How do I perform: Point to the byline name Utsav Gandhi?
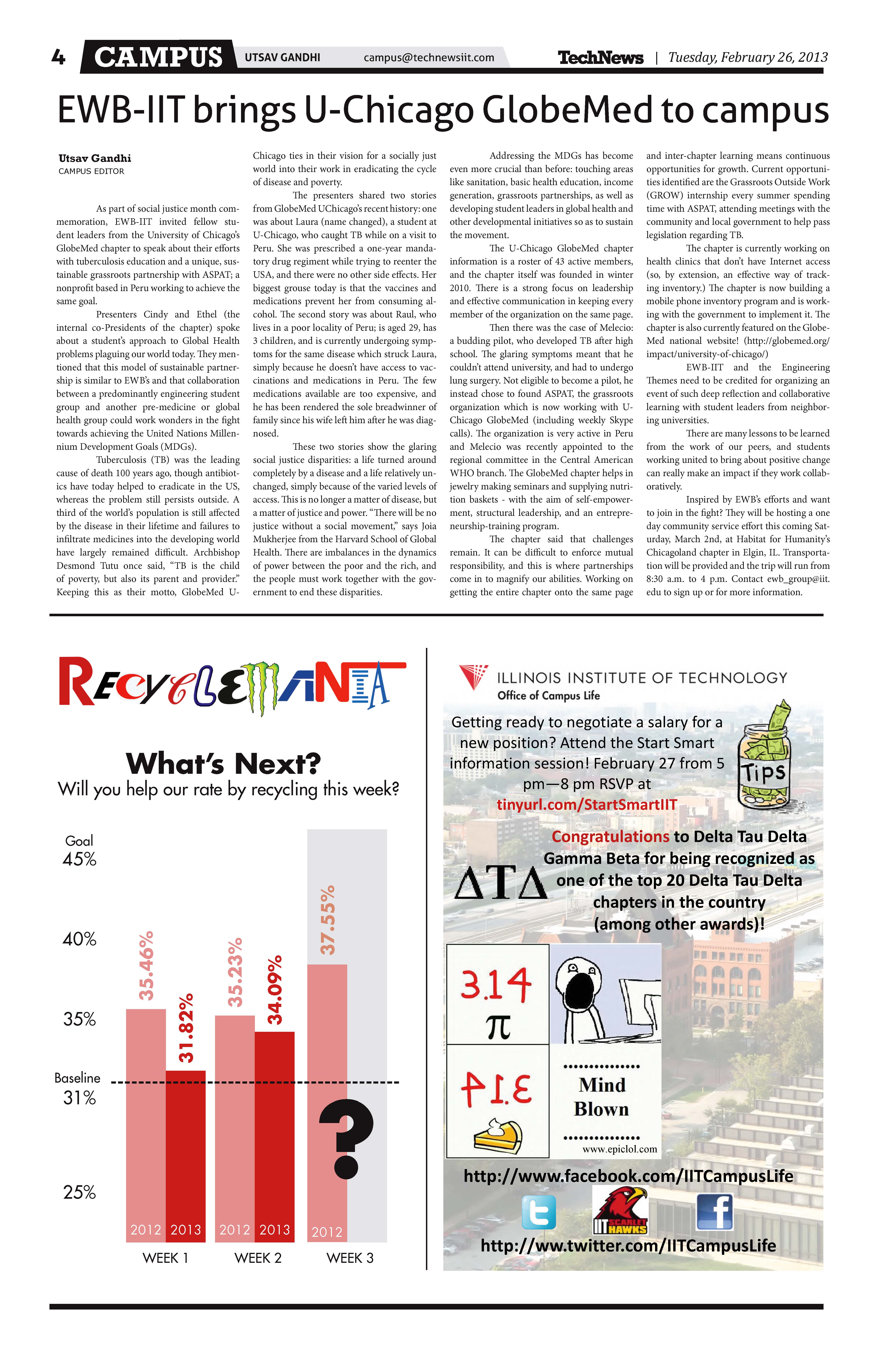(95, 158)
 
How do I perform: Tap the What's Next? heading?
(223, 763)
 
